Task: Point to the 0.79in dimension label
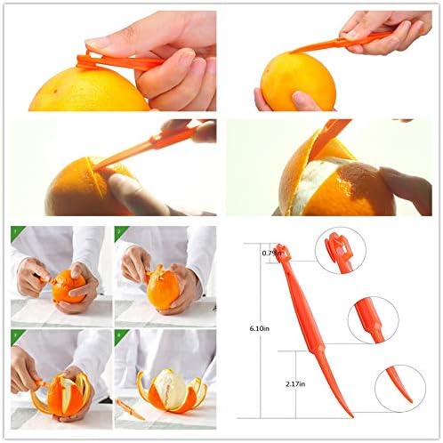pyautogui.click(x=272, y=254)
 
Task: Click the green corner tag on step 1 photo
pyautogui.click(x=15, y=232)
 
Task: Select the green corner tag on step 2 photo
pyautogui.click(x=119, y=232)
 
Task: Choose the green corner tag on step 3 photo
pyautogui.click(x=15, y=335)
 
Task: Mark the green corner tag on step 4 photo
pyautogui.click(x=119, y=335)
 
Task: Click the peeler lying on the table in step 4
pyautogui.click(x=130, y=410)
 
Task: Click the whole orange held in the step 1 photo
pyautogui.click(x=68, y=286)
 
